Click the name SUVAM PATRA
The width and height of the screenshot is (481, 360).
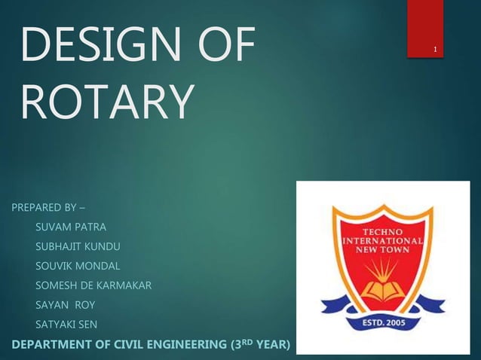click(x=71, y=227)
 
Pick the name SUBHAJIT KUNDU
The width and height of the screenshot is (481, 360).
click(x=78, y=246)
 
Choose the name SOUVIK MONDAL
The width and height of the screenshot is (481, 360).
click(x=78, y=266)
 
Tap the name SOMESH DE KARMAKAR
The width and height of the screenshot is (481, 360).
click(x=93, y=285)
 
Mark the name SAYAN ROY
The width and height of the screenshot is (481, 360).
click(x=65, y=305)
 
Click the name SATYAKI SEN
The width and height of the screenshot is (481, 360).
click(x=66, y=325)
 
